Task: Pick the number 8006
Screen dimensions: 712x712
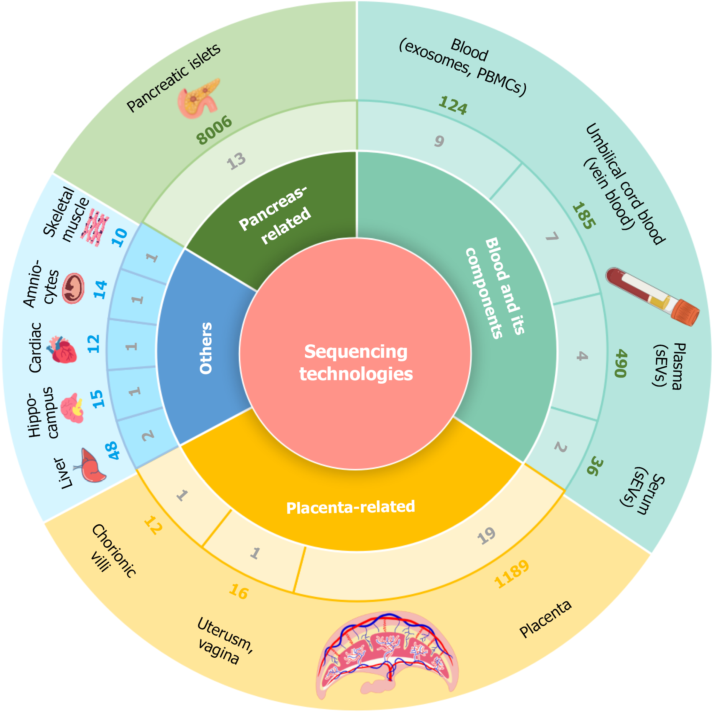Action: (214, 130)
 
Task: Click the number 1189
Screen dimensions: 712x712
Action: (512, 574)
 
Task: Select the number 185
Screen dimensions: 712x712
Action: (584, 215)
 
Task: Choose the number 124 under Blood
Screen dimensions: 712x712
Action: (453, 106)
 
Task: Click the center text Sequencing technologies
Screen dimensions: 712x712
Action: (356, 363)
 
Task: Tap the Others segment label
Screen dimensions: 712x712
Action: (206, 348)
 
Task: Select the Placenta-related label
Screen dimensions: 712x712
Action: (350, 507)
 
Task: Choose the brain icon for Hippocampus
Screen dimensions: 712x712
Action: (72, 408)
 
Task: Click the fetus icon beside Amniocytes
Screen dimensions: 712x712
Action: (73, 288)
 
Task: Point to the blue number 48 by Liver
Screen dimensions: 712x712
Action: (113, 450)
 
